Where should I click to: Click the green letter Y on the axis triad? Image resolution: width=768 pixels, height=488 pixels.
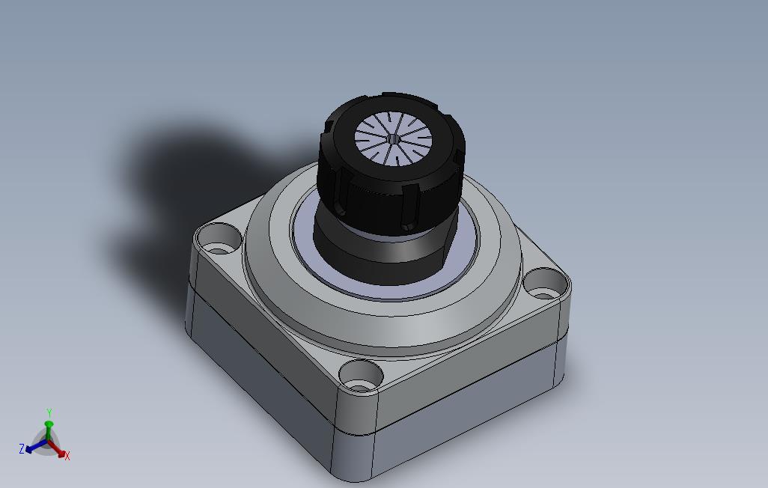[49, 412]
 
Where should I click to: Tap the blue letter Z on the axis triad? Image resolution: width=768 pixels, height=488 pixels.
[22, 448]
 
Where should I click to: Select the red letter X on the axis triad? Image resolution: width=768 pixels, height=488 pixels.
[67, 456]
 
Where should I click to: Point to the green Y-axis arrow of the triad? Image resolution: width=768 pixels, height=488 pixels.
[49, 430]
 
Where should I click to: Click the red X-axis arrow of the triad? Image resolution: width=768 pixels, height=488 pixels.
[55, 448]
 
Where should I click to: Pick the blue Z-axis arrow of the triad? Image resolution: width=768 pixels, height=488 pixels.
[37, 445]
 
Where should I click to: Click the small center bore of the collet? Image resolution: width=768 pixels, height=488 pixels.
[393, 138]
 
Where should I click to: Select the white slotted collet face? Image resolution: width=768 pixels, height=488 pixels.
[393, 138]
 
